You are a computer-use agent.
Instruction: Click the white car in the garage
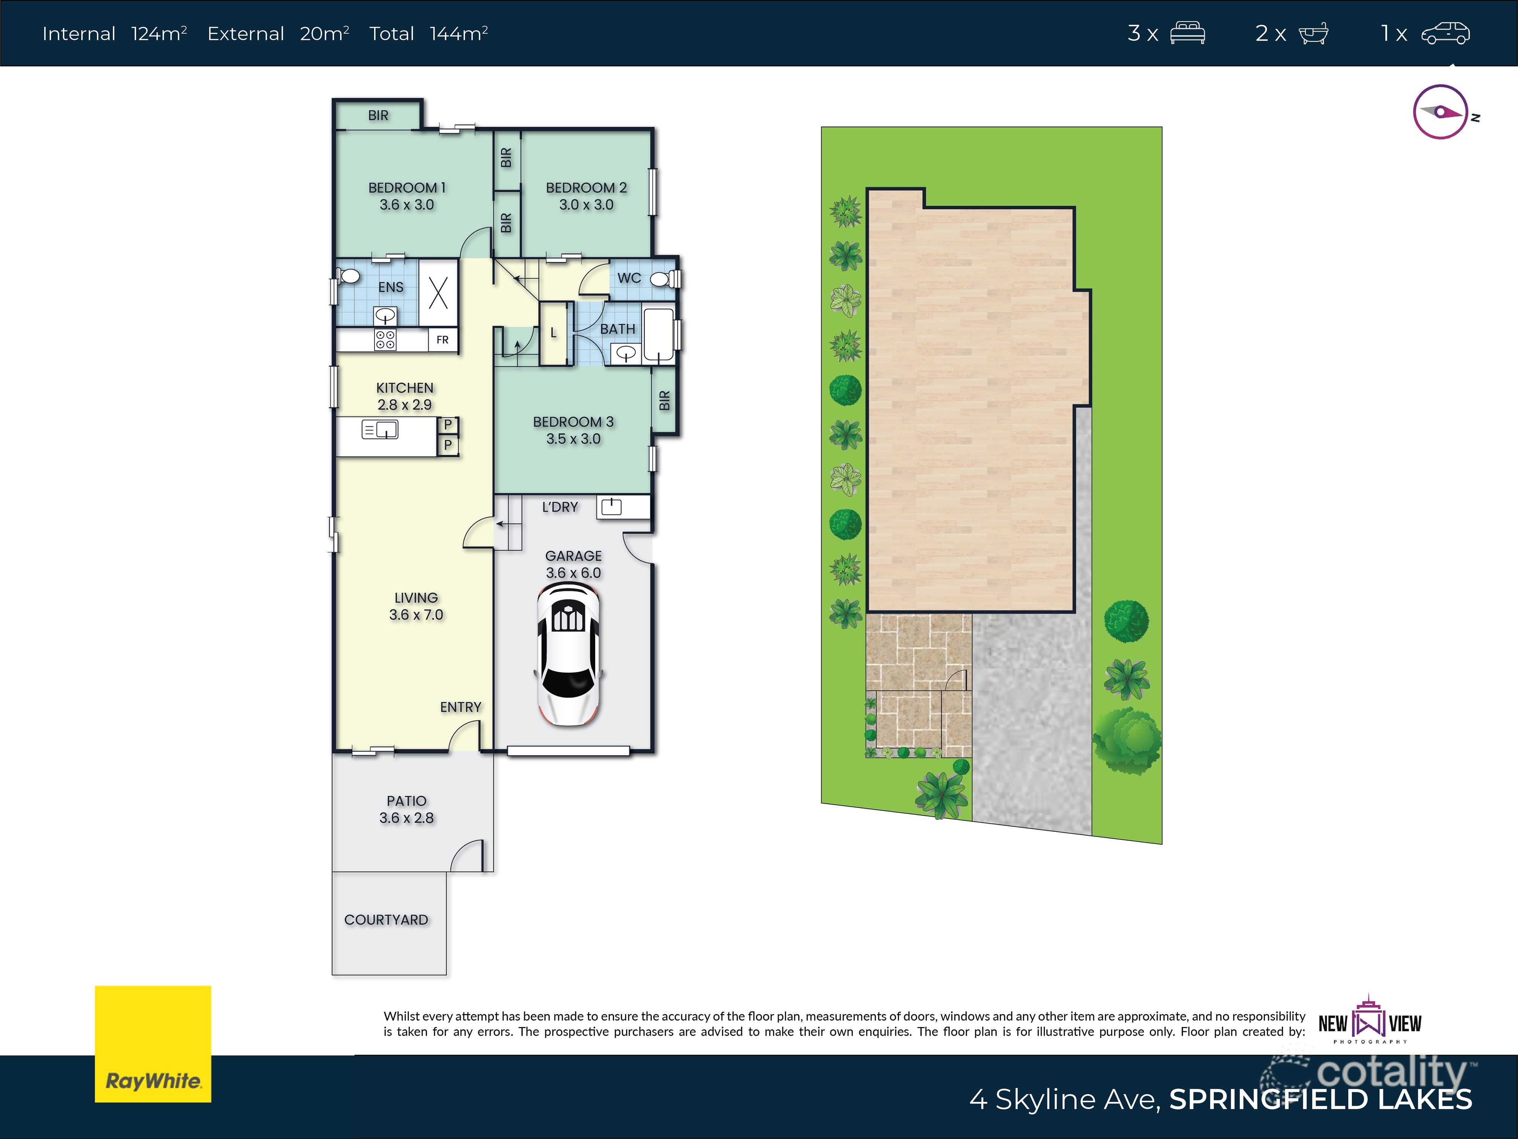click(568, 654)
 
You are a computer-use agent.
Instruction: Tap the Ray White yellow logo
click(152, 1044)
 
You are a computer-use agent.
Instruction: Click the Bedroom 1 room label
click(407, 188)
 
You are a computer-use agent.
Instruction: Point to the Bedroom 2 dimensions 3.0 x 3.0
click(586, 205)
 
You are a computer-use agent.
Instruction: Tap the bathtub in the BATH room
click(658, 335)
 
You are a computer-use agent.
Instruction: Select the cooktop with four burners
click(385, 339)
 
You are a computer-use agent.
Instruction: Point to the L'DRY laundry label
click(560, 507)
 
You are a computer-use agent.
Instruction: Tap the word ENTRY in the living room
click(460, 707)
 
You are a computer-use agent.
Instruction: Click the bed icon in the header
click(1187, 33)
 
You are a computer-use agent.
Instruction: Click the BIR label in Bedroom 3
click(664, 400)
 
